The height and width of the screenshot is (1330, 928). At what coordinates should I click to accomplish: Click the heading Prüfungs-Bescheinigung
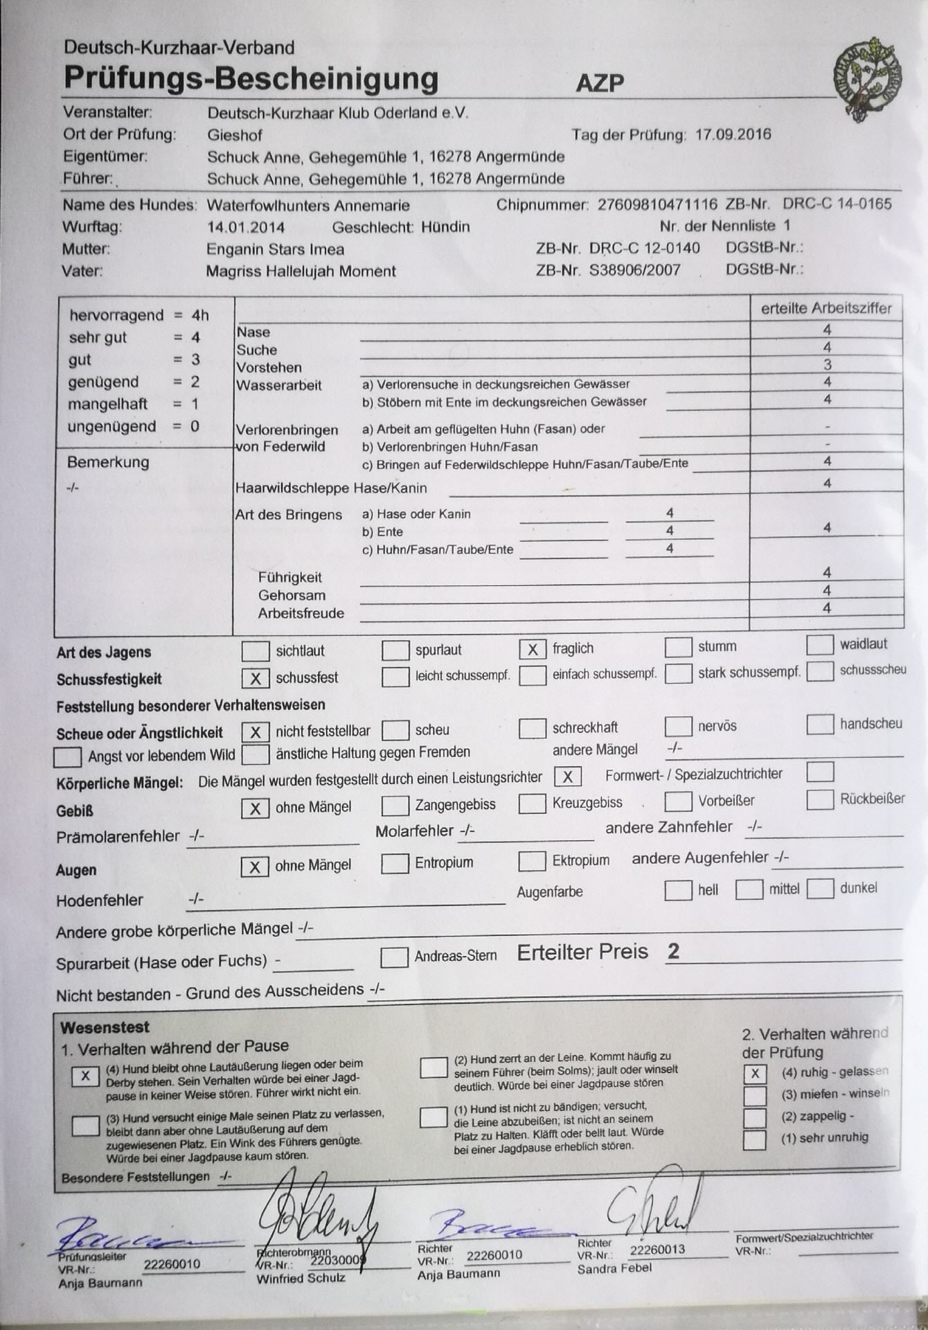[x=251, y=78]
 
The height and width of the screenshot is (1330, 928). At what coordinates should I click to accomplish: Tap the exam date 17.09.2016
[x=733, y=134]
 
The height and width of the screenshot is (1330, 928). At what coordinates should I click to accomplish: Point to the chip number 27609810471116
[x=657, y=204]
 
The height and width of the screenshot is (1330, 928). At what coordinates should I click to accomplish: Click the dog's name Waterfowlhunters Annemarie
[x=308, y=206]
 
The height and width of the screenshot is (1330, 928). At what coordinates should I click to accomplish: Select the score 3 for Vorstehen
[x=827, y=365]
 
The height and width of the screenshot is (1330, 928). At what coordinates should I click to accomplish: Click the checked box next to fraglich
[x=533, y=649]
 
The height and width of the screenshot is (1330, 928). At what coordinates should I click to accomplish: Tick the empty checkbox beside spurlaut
[x=395, y=650]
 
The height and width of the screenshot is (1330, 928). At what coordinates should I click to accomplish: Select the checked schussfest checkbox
[x=255, y=678]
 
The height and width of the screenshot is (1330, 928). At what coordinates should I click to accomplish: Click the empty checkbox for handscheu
[x=820, y=725]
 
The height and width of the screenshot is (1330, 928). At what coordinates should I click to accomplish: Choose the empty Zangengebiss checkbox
[x=395, y=806]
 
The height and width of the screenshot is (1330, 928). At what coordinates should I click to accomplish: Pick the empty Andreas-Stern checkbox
[x=395, y=957]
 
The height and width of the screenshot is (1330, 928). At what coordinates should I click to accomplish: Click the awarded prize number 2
[x=673, y=952]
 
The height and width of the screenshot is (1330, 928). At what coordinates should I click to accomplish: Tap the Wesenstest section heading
[x=105, y=1027]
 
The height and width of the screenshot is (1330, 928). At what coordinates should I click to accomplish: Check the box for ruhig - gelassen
[x=754, y=1074]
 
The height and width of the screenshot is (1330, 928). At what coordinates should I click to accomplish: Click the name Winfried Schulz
[x=301, y=1278]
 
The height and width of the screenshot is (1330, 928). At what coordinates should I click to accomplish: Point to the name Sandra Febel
[x=614, y=1268]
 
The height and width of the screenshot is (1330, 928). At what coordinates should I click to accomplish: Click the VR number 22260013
[x=657, y=1250]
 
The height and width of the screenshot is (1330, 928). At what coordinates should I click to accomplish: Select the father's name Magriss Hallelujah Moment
[x=301, y=272]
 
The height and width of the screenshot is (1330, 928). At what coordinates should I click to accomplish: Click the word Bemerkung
[x=108, y=462]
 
